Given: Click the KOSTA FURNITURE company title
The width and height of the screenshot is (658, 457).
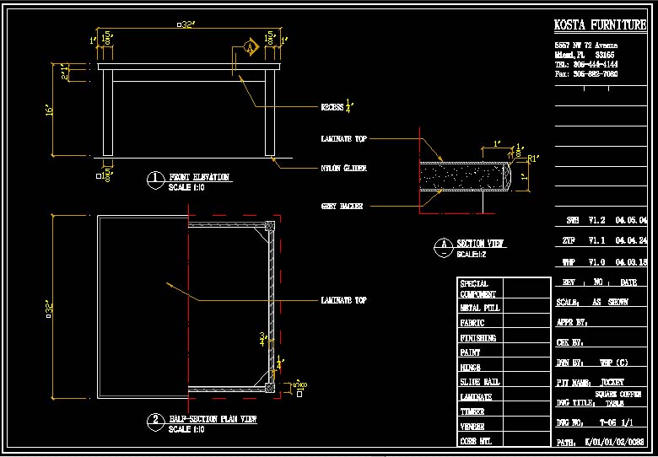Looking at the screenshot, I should pos(600,25).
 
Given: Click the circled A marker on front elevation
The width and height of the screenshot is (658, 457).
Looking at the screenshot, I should pos(250,48).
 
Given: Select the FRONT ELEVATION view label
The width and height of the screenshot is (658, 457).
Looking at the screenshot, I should pos(199,177).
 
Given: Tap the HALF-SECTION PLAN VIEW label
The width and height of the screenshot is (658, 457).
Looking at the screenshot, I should pos(213,418).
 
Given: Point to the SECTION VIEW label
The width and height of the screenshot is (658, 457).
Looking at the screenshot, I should pos(481,244).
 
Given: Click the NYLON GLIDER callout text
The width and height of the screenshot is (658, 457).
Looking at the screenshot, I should pos(343,169).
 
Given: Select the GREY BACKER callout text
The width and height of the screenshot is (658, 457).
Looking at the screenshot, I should pos(342,206).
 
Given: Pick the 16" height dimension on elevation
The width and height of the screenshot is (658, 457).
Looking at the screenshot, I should pos(50,110).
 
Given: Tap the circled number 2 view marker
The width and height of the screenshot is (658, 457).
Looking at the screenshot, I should pos(154,420).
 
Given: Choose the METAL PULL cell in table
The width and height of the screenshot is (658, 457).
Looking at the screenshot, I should pos(479,308).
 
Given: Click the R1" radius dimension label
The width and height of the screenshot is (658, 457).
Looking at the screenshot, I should pos(533,158).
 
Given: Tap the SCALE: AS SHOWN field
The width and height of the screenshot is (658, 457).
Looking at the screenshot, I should pos(591,301).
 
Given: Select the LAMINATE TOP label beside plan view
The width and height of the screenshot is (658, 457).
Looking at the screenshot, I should pos(343,300).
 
